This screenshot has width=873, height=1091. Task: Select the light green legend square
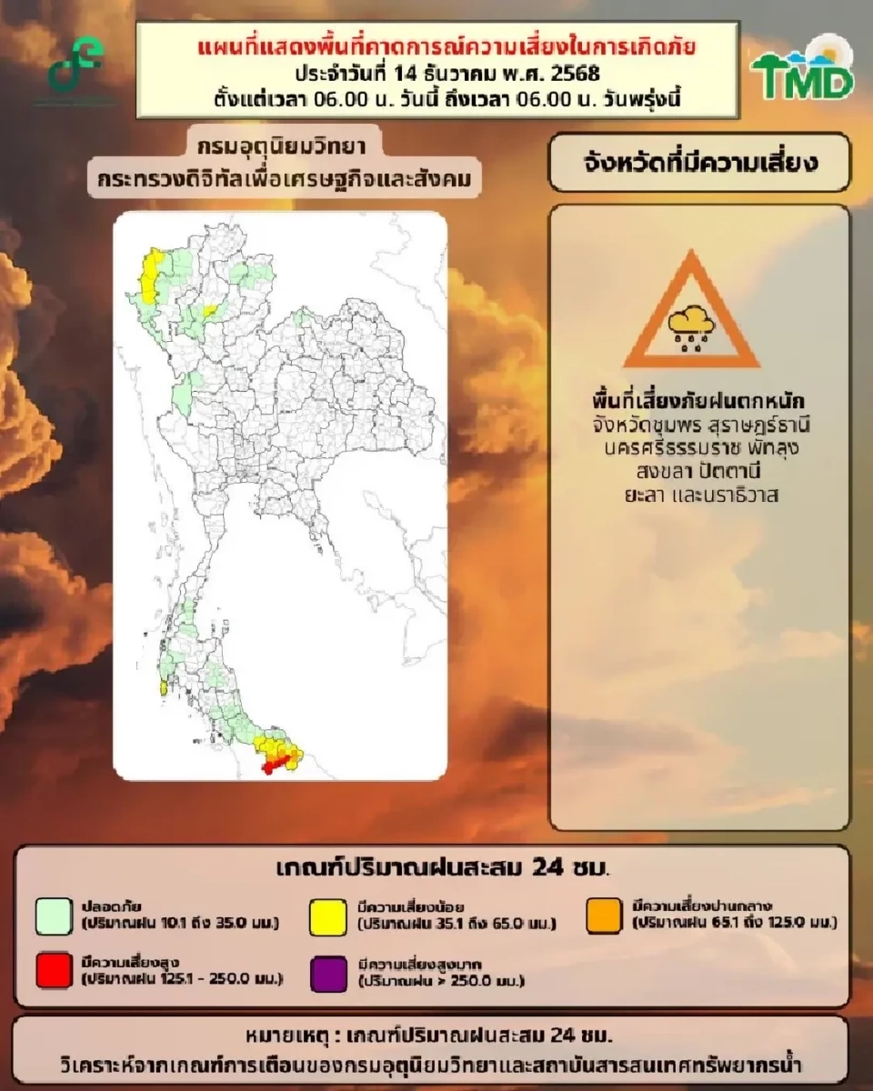tap(55, 916)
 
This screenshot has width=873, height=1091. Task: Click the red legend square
tap(55, 973)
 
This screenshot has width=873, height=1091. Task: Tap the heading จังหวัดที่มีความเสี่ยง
tap(699, 164)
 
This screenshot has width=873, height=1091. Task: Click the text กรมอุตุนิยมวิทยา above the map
tap(286, 145)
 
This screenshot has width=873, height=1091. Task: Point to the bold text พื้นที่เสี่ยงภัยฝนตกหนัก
tap(698, 401)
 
